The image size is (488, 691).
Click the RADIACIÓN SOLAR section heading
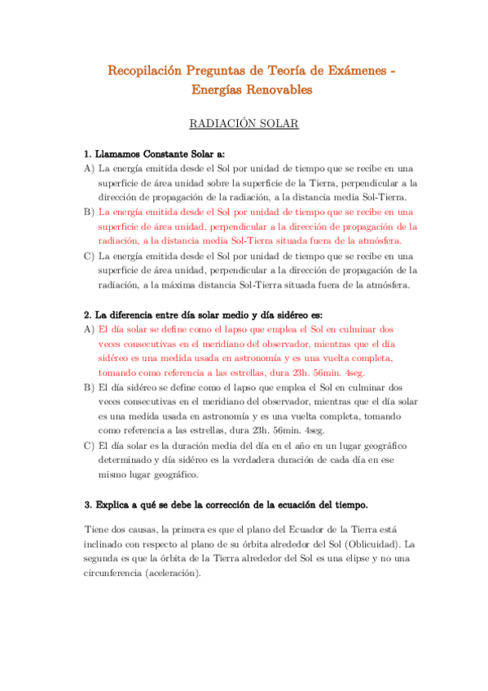pos(244,124)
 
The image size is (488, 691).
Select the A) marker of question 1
pos(89,169)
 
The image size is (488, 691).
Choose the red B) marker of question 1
pos(89,212)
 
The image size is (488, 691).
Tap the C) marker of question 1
pos(89,256)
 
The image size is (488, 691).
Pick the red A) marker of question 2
pos(89,329)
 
